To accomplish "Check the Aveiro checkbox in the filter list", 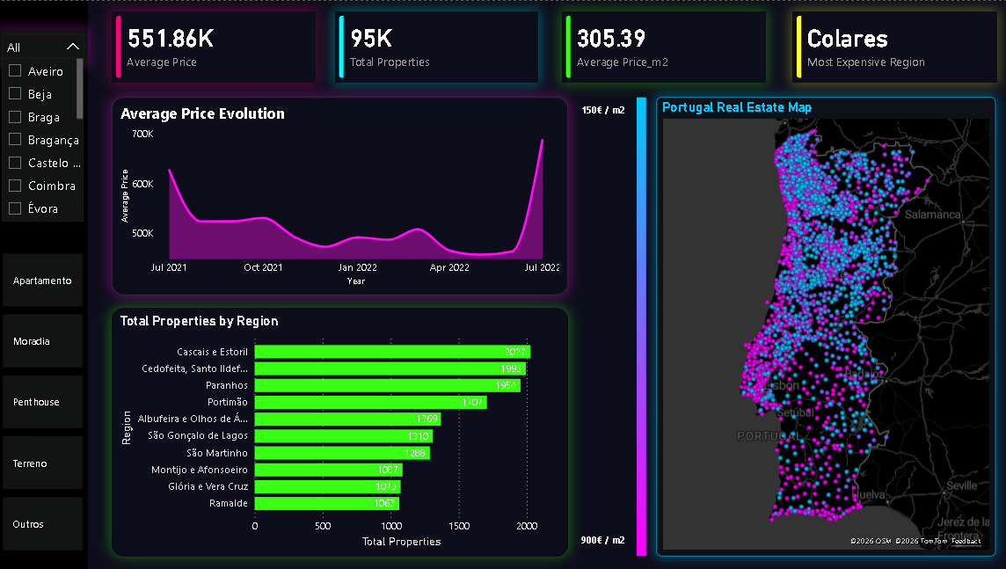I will (15, 70).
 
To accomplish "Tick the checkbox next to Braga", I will (15, 116).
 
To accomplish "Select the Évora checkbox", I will (15, 208).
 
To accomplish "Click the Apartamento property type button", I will (42, 281).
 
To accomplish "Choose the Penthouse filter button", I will (42, 402).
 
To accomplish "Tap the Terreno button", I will (42, 463).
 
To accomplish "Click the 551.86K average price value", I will (171, 39).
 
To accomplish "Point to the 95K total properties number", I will (371, 39).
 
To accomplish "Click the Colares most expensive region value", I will (847, 39).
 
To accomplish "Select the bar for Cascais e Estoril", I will (391, 352).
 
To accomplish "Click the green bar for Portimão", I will (369, 402).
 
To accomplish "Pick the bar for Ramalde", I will (326, 503).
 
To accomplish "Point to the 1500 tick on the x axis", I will (459, 526).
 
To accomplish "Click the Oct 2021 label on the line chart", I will (263, 267).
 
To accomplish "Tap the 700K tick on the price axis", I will (142, 134).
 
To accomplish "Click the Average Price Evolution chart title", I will (202, 113).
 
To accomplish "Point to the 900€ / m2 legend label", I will (603, 539).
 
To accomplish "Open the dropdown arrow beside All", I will (73, 47).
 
